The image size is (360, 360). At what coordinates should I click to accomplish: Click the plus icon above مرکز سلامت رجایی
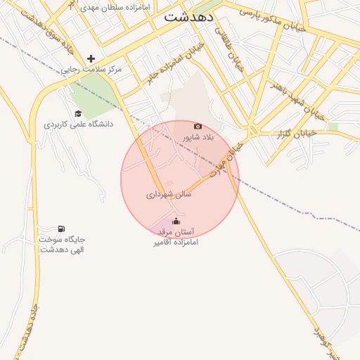click(91, 58)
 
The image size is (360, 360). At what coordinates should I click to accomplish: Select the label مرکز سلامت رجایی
click(91, 70)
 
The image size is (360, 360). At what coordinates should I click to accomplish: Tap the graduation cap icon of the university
click(78, 113)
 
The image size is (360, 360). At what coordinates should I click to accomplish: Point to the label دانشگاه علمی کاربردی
click(77, 124)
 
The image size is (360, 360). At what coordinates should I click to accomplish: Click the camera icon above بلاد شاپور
click(198, 127)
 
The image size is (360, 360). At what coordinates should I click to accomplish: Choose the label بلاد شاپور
click(198, 137)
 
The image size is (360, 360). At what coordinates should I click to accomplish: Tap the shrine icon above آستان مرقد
click(176, 222)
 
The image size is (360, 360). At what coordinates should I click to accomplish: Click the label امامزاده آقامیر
click(176, 242)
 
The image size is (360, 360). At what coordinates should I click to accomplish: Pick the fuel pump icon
click(62, 229)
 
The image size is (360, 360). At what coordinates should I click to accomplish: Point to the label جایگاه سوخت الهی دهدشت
click(62, 244)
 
